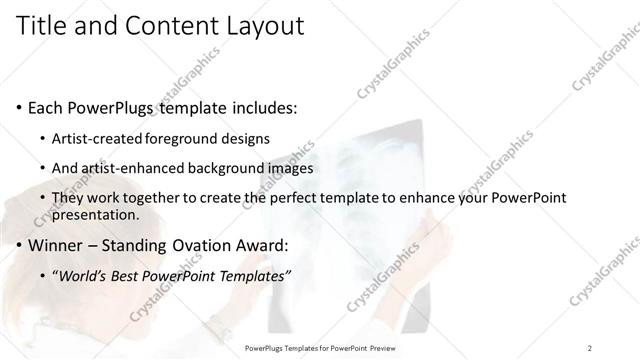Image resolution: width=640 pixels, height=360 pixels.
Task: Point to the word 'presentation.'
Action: tap(95, 215)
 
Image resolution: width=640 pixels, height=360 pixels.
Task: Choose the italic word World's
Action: tap(85, 276)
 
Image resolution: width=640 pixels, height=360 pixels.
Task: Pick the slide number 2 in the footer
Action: tap(590, 347)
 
